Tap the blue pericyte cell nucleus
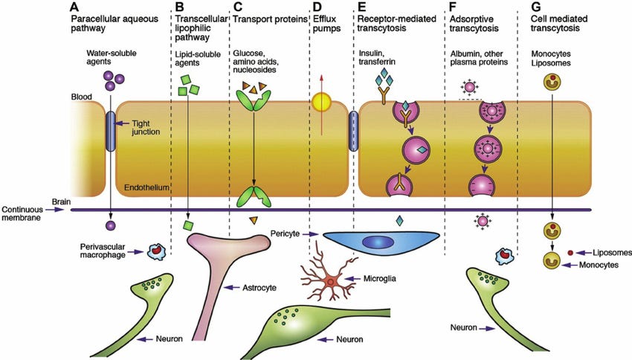[x=378, y=242]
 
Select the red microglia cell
[x=329, y=277]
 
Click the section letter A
[x=74, y=7]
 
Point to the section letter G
[x=535, y=7]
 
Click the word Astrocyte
[x=259, y=288]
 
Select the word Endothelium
[x=146, y=187]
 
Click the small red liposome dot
[x=570, y=253]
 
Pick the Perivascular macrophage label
[x=103, y=251]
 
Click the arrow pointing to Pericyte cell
[x=310, y=234]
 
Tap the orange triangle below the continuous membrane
[x=253, y=220]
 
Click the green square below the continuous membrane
[x=187, y=225]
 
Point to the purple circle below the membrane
[x=111, y=225]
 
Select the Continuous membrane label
[x=22, y=213]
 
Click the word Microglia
[x=379, y=279]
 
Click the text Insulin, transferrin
[x=377, y=58]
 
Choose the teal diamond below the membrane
[x=399, y=220]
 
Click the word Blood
[x=82, y=97]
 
